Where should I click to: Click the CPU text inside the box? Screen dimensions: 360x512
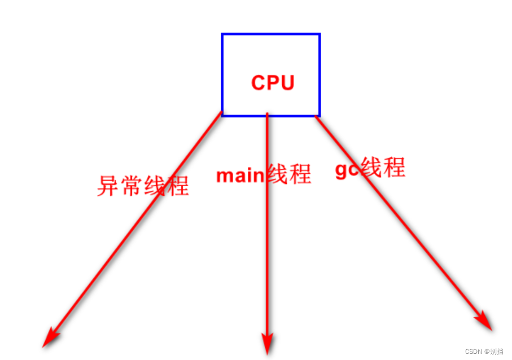point(273,83)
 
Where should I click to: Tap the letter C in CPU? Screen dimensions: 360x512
point(259,83)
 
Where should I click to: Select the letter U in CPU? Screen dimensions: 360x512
point(287,83)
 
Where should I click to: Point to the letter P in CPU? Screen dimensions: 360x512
point(273,83)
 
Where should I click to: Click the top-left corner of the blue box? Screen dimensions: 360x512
point(222,34)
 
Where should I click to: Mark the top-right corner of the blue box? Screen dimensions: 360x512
point(320,34)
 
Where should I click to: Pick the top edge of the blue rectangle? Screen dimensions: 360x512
point(271,34)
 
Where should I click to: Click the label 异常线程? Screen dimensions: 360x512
point(143,185)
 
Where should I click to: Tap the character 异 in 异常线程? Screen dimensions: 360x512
point(108,186)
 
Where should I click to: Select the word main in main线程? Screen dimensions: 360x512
point(240,175)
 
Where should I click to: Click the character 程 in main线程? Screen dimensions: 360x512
point(300,174)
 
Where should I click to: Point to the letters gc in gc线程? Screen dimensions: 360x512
point(347,169)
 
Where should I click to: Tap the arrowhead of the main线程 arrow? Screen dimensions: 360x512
point(267,345)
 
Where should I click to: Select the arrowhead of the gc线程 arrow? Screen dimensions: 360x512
point(485,323)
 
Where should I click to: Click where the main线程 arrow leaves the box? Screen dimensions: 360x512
point(267,116)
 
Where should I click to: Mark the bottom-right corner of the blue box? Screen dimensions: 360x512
point(320,115)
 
